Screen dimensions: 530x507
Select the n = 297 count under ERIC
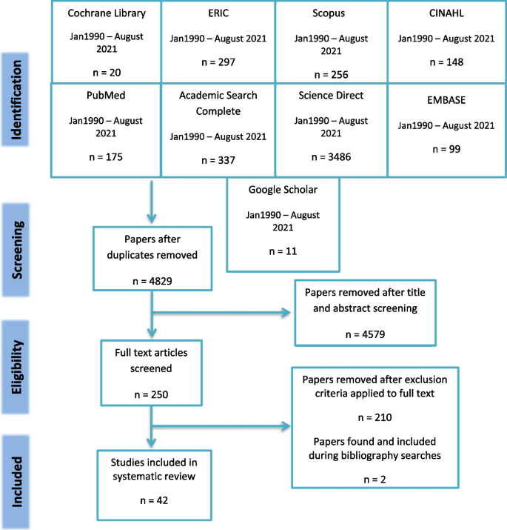click(x=217, y=62)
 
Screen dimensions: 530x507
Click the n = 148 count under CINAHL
click(x=444, y=62)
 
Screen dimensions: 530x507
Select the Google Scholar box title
click(x=283, y=190)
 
